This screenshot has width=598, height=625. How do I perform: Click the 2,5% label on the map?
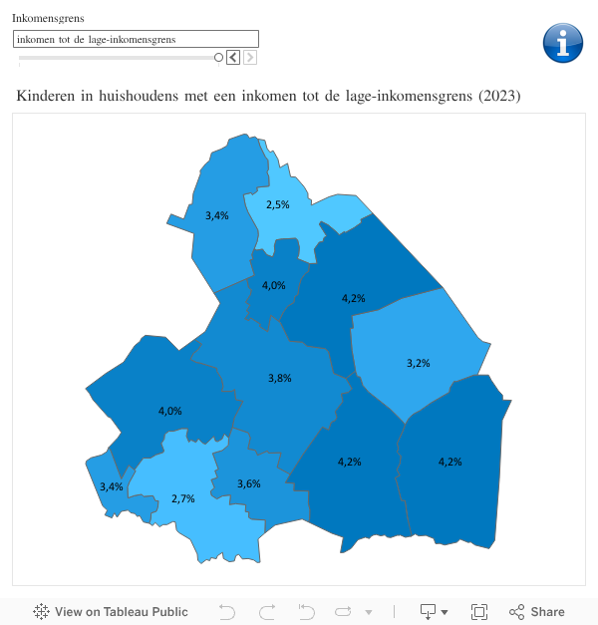pos(277,204)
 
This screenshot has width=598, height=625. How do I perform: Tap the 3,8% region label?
pos(280,378)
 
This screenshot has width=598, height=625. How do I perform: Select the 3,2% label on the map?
pos(419,363)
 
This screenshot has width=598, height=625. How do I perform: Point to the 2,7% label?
pos(182,497)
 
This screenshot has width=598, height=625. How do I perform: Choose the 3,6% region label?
pos(249,483)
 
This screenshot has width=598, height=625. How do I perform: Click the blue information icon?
pos(562,43)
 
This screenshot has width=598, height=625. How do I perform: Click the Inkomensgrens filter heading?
pos(48,19)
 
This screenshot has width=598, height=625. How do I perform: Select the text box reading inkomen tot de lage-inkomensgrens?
pos(136,39)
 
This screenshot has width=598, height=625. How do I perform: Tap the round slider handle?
pos(218,58)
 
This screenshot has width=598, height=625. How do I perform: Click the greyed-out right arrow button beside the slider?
pos(250,58)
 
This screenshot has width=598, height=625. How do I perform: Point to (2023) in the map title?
pos(499,96)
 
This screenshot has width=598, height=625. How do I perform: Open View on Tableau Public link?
pos(111,612)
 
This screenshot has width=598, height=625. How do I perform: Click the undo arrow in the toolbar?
pos(227,612)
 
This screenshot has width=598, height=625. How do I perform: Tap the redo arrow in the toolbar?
pos(267,612)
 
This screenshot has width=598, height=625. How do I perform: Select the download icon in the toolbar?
pos(430,612)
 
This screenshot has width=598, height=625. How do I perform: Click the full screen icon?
pos(478,612)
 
